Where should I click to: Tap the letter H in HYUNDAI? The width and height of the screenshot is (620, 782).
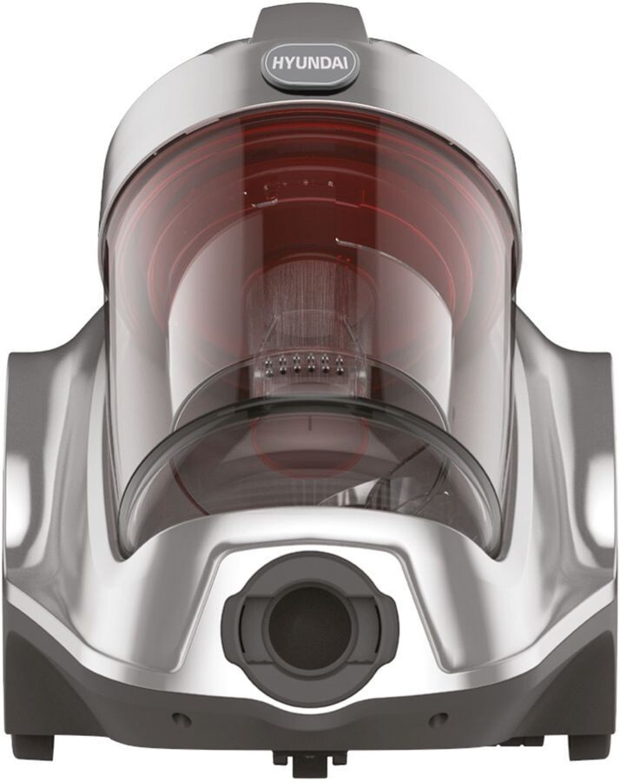pyautogui.click(x=277, y=63)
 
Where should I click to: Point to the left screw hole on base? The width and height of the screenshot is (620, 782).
pyautogui.click(x=180, y=719)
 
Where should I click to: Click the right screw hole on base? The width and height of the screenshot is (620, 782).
pyautogui.click(x=439, y=719)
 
